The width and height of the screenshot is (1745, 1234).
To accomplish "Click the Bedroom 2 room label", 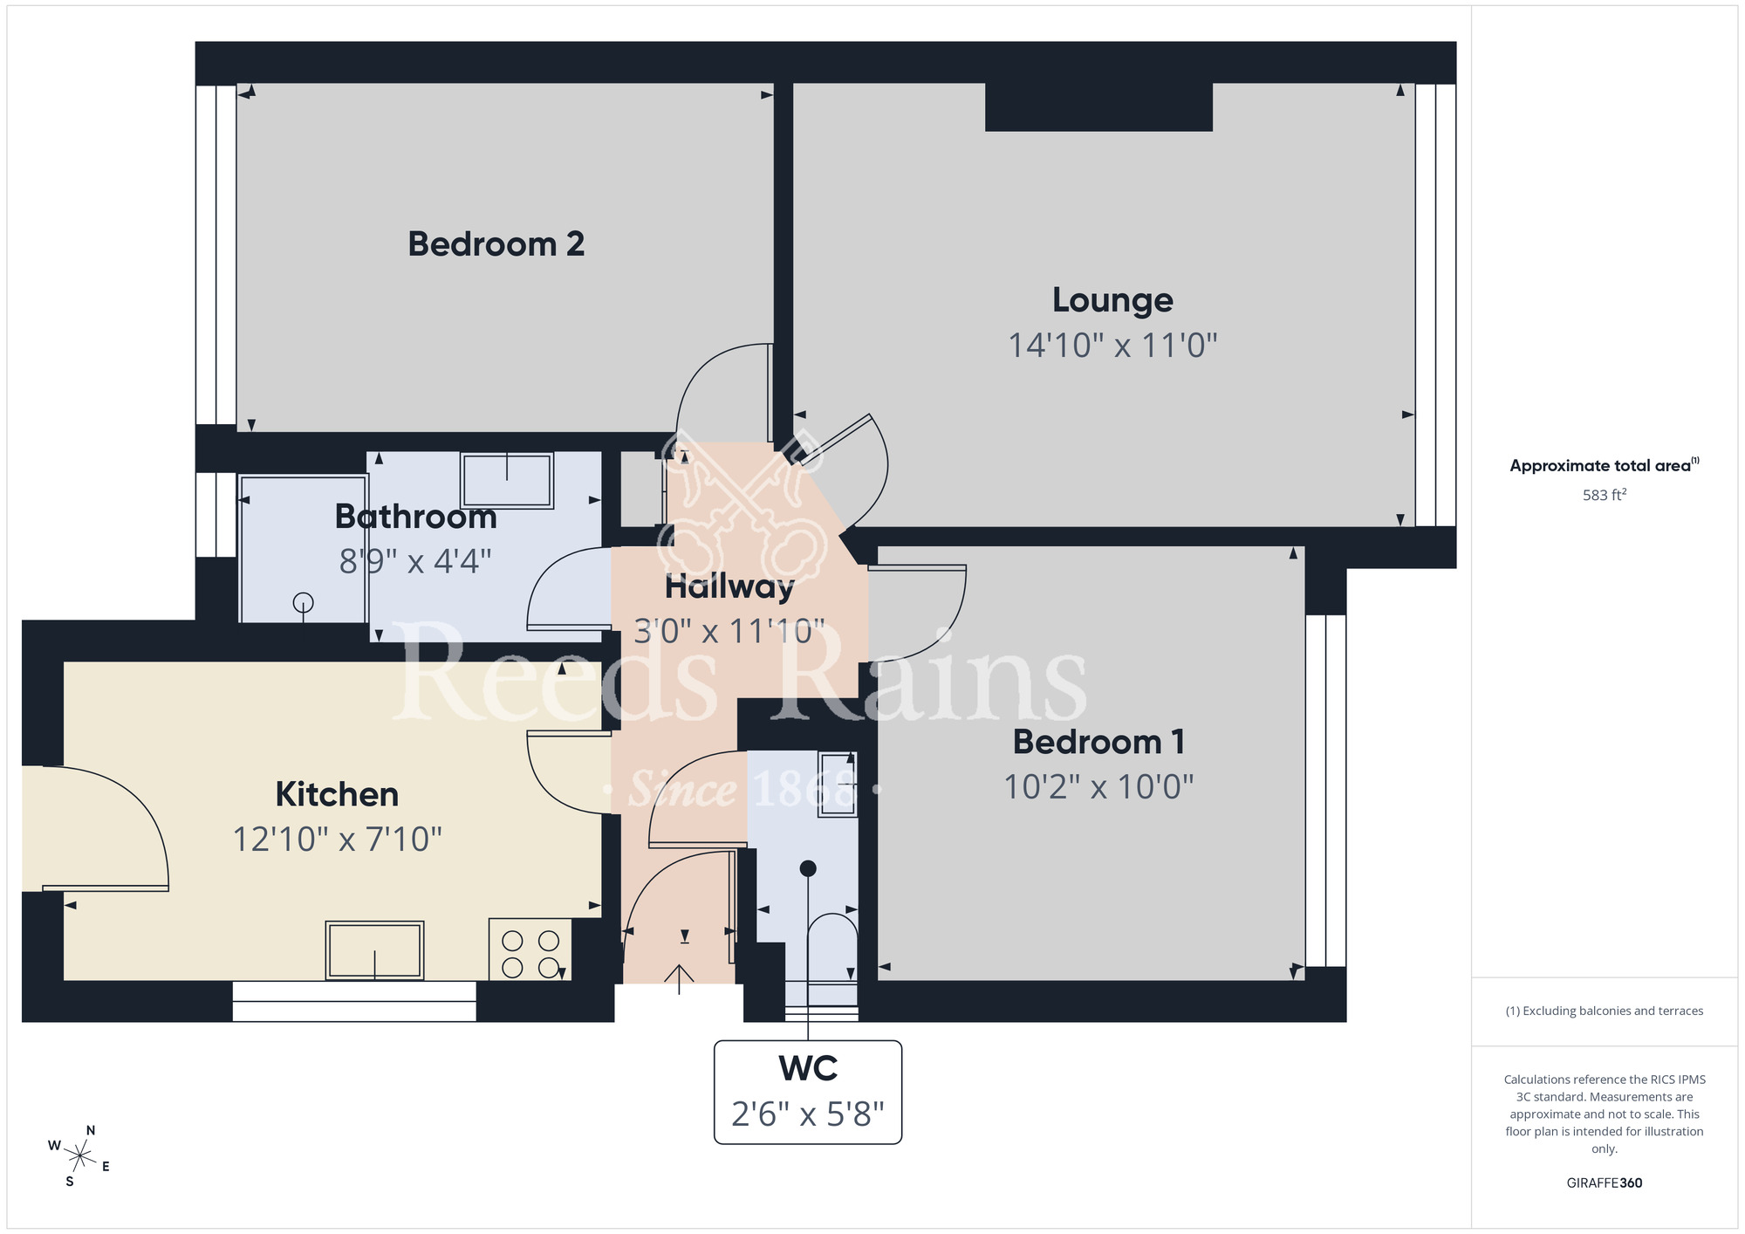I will point(496,244).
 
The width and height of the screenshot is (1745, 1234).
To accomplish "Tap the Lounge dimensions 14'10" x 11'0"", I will point(1112,346).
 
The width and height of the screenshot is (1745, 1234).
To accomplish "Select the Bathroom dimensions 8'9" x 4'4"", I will point(415,561).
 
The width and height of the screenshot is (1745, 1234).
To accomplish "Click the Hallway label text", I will point(729,586).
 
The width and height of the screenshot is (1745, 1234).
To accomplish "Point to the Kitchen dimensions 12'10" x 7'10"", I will point(337,840).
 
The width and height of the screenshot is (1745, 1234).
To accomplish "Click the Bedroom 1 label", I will point(1098,742).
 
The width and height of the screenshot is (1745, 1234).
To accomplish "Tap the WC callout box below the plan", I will point(808,1092).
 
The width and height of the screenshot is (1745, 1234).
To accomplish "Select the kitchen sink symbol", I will point(374,950).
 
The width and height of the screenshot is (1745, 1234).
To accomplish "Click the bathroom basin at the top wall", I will point(507,480).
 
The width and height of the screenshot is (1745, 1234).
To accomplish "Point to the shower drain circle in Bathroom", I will point(303,602).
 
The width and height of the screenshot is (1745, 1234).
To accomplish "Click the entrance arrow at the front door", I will point(679,978).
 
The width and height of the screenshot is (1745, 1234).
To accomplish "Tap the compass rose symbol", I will point(79,1157).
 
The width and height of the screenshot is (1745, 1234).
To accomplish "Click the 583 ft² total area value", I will point(1604,495).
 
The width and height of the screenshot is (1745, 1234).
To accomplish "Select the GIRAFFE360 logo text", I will point(1604,1183).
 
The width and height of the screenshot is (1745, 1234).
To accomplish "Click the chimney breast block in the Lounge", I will point(1098,107).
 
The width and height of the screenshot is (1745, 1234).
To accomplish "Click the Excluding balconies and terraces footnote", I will point(1604,1011).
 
